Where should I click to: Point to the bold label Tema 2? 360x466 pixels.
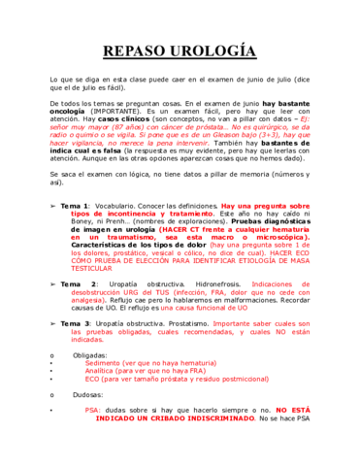pos(75,283)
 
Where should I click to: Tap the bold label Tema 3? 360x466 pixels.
pos(74,322)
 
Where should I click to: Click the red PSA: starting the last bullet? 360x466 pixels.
pos(93,410)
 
